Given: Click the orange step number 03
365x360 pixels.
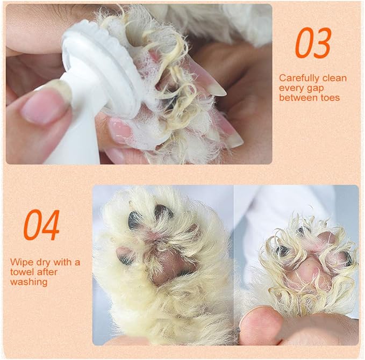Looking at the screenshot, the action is [313, 43].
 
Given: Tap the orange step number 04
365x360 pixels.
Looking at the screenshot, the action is [42, 225].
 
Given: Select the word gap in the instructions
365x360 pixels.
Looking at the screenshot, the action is [315, 89].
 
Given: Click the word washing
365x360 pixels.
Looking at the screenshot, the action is [29, 282].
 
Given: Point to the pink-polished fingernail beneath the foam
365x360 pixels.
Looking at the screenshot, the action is [120, 130].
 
